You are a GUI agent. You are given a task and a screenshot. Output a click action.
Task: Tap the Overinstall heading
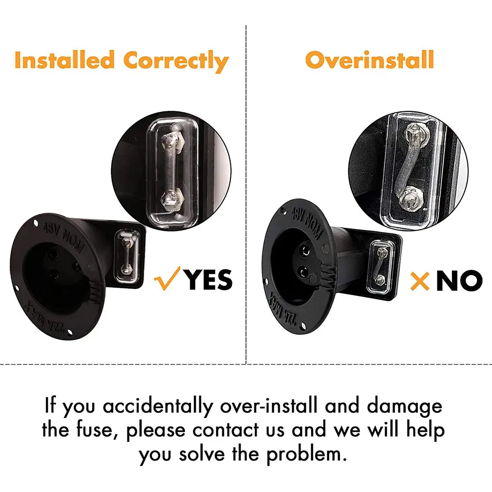pyautogui.click(x=369, y=60)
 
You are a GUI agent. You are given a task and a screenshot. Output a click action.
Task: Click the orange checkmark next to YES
pyautogui.click(x=167, y=279)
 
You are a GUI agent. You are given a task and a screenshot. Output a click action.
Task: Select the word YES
pyautogui.click(x=208, y=280)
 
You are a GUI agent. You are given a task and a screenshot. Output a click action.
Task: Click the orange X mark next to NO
pyautogui.click(x=420, y=281)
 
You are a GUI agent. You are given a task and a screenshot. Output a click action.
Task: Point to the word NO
pyautogui.click(x=459, y=281)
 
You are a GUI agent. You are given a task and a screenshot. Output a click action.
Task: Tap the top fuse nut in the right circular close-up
pyautogui.click(x=414, y=131)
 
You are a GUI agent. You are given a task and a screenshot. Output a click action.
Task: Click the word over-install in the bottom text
pyautogui.click(x=269, y=406)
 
